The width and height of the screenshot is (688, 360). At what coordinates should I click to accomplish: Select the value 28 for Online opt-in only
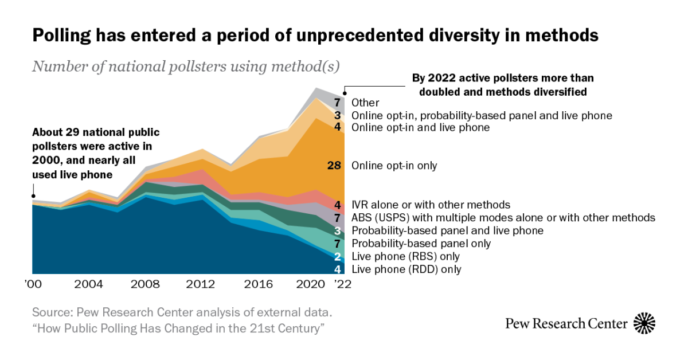pos(334,166)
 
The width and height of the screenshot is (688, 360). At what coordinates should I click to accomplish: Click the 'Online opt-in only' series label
pos(394,166)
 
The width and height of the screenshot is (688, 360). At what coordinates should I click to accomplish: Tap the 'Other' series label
pos(365,103)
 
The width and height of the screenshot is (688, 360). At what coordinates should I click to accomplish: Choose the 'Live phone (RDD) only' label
pos(406,269)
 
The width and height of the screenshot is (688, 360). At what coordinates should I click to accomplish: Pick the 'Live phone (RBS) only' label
pos(405,256)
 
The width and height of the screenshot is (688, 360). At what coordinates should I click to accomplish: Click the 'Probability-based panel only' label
pos(421,244)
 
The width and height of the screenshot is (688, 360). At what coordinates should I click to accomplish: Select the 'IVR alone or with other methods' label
pos(430,205)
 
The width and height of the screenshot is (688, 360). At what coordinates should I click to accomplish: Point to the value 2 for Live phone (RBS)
pos(338,256)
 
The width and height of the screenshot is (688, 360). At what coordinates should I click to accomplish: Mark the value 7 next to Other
pos(338,103)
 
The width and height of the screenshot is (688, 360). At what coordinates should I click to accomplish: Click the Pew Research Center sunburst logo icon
pos(644,323)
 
